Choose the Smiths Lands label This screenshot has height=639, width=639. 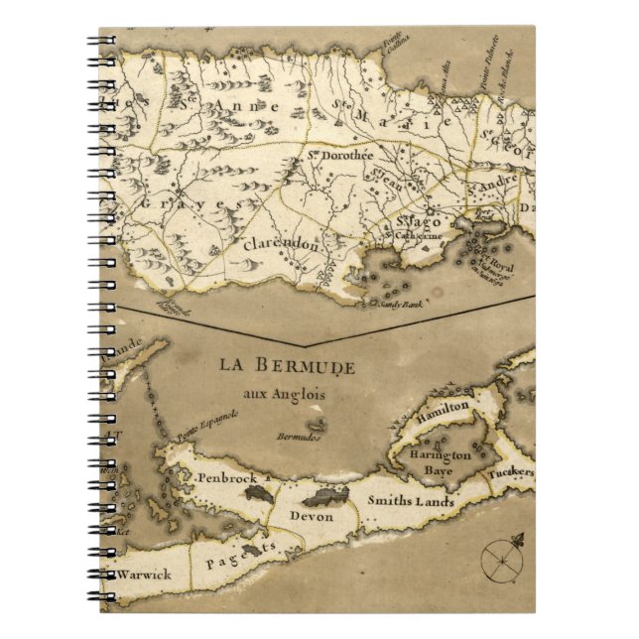(411, 502)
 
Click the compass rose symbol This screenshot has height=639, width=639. (501, 560)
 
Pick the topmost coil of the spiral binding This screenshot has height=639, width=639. (102, 42)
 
